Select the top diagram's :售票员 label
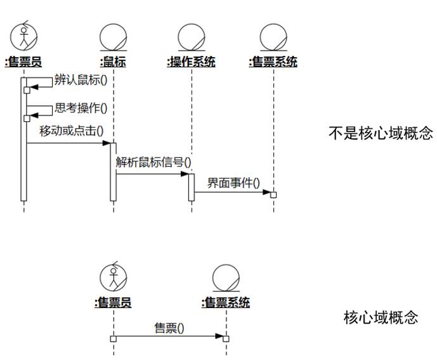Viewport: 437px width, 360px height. click(23, 62)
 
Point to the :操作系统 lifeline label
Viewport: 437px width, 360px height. click(191, 62)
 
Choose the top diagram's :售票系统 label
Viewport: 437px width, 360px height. click(274, 62)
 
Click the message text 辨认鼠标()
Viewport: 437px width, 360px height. click(81, 80)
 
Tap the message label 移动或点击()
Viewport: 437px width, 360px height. click(72, 131)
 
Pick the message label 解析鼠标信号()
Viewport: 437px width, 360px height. click(153, 162)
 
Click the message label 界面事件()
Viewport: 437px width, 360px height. click(233, 183)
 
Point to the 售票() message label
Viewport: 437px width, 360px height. click(169, 328)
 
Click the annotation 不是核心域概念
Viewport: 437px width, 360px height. click(381, 133)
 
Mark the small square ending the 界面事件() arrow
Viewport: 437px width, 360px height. click(274, 194)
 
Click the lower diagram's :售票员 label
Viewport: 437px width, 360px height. click(113, 302)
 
